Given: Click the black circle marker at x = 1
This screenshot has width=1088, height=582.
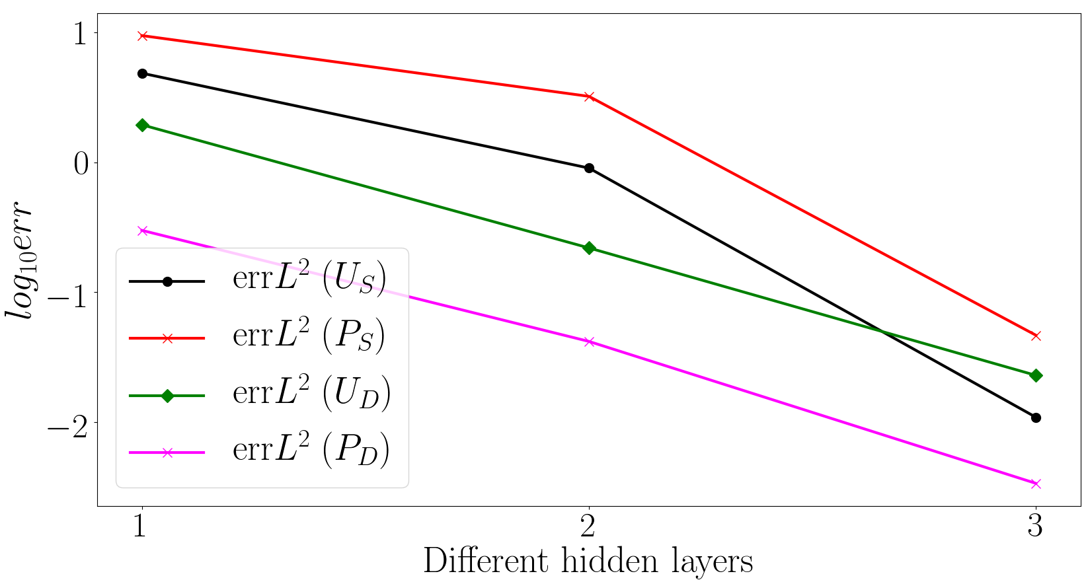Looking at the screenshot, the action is coord(142,74).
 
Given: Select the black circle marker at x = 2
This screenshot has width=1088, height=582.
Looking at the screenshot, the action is coord(589,168).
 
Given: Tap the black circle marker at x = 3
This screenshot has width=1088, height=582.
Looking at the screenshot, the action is coord(1036,418).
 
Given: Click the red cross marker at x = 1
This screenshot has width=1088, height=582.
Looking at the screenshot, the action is coord(142,36).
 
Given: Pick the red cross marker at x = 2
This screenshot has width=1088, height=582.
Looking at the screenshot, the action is coord(589,96).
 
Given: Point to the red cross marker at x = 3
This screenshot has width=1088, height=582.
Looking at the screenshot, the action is coord(1036,336).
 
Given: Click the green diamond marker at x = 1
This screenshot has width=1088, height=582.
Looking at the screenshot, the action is coord(142,126).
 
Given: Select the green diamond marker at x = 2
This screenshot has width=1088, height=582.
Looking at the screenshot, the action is coord(589,248).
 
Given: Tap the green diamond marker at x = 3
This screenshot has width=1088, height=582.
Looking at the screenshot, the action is coord(1036,376).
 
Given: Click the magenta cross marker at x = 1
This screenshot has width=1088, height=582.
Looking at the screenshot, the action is coord(142,231).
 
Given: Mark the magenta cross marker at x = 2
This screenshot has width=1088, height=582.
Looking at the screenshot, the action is coord(589,342).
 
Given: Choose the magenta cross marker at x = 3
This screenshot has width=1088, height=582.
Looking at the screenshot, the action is coord(1036,484).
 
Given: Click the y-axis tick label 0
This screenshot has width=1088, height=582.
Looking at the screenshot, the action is coord(81,164).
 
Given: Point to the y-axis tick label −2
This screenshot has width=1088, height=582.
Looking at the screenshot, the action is coord(67,423).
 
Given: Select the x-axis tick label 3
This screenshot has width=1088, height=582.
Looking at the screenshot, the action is coord(1036,525).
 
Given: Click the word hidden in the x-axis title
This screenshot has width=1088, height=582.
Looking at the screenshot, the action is coord(609,561).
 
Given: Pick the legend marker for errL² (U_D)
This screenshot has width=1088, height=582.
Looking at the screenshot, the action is coord(167,396).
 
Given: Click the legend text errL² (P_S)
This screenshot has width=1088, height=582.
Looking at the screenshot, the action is coord(309,336).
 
